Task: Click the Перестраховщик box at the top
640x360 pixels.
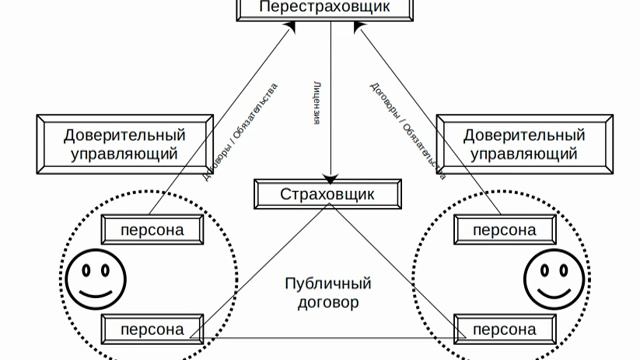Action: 322,8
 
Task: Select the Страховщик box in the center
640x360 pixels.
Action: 327,194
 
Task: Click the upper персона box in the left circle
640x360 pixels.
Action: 152,231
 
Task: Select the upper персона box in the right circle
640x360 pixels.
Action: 505,231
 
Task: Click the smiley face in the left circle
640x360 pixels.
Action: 95,277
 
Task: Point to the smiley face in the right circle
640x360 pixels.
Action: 556,277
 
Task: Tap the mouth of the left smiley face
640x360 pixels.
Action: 95,291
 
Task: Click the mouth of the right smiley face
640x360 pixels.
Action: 556,291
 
